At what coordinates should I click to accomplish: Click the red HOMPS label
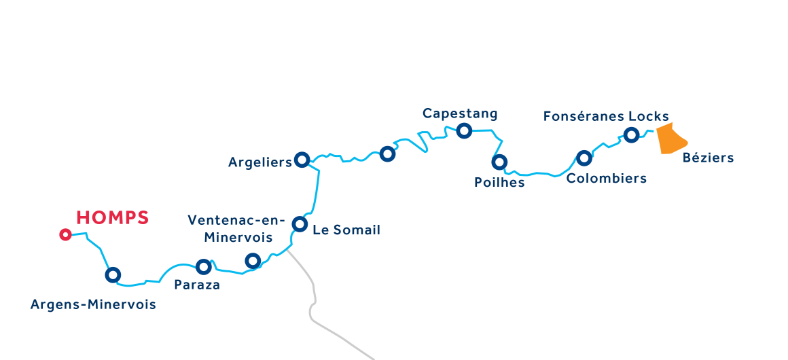pyautogui.click(x=112, y=218)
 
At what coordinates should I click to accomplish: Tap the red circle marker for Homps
pyautogui.click(x=65, y=235)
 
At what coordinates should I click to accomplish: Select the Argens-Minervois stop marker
pyautogui.click(x=113, y=275)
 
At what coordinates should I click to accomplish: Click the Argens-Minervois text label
pyautogui.click(x=93, y=305)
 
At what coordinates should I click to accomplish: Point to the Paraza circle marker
pyautogui.click(x=203, y=267)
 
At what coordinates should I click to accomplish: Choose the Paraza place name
pyautogui.click(x=197, y=285)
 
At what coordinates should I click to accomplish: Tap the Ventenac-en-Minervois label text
pyautogui.click(x=230, y=229)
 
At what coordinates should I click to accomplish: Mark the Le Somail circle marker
pyautogui.click(x=300, y=223)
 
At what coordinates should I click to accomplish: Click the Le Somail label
pyautogui.click(x=346, y=230)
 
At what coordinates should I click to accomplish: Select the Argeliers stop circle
pyautogui.click(x=302, y=160)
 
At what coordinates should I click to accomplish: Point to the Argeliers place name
pyautogui.click(x=259, y=162)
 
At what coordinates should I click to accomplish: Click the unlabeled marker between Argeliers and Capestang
pyautogui.click(x=387, y=154)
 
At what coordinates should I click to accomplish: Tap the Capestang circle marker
pyautogui.click(x=464, y=130)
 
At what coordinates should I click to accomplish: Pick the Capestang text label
pyautogui.click(x=460, y=113)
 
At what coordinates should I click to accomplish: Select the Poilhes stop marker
pyautogui.click(x=499, y=162)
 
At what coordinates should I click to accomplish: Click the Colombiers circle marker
pyautogui.click(x=584, y=158)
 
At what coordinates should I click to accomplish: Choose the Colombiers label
pyautogui.click(x=606, y=179)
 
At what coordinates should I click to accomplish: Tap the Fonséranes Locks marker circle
pyautogui.click(x=631, y=135)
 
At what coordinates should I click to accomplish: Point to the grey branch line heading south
pyautogui.click(x=314, y=299)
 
